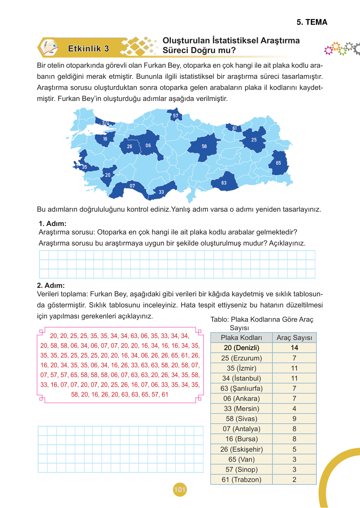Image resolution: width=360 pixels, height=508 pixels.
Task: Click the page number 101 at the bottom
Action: [180, 489]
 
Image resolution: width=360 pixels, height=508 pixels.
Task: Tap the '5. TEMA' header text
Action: [312, 22]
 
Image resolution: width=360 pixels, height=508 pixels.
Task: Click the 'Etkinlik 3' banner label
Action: [88, 49]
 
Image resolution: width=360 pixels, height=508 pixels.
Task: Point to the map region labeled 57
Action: [175, 116]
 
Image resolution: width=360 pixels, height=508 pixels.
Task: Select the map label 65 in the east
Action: [278, 163]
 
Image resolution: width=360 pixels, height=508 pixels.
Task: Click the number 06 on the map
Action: [148, 146]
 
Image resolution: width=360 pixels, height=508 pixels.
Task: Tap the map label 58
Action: [204, 146]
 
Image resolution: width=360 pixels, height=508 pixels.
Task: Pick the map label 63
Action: [224, 183]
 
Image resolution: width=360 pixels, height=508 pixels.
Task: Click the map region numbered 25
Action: [254, 140]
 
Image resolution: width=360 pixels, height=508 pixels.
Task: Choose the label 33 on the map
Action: [161, 192]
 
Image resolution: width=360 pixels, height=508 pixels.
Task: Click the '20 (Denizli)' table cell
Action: [242, 348]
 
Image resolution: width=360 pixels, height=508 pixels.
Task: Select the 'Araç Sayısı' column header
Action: [294, 338]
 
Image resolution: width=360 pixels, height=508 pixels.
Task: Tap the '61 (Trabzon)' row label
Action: [242, 480]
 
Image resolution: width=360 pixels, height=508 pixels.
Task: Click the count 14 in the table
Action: [294, 348]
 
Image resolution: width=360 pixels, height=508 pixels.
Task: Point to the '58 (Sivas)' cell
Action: [242, 419]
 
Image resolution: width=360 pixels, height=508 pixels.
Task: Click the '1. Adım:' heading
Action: [52, 224]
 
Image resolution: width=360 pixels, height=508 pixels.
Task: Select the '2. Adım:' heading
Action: [51, 286]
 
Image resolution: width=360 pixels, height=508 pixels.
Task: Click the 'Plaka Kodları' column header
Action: [242, 338]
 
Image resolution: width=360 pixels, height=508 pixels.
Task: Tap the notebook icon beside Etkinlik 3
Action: [49, 48]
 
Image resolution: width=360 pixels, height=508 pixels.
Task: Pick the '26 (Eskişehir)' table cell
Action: [242, 449]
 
